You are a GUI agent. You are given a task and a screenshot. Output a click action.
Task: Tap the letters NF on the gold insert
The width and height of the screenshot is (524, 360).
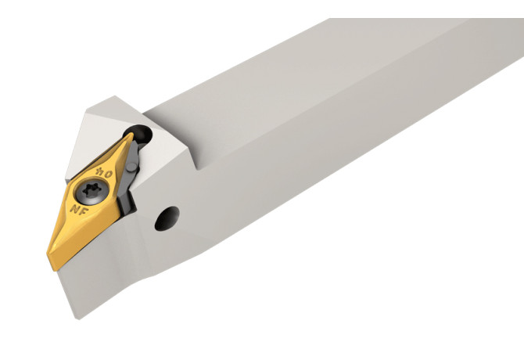pos(77,210)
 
